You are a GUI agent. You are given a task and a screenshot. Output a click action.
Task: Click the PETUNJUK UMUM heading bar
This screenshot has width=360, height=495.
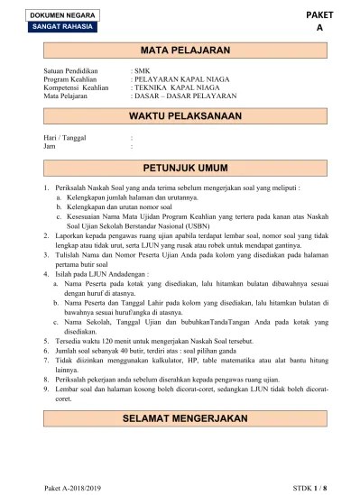coord(181,168)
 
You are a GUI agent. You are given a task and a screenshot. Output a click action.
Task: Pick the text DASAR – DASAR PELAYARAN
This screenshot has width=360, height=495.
coord(185,94)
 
